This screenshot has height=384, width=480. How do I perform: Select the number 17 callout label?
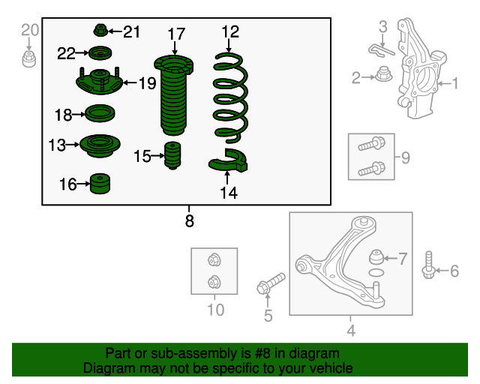[176, 34]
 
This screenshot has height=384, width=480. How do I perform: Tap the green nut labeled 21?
[100, 30]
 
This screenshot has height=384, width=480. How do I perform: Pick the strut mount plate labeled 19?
[100, 81]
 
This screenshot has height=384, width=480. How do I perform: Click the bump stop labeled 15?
[172, 155]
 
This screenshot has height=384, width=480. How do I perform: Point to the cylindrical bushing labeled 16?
[100, 184]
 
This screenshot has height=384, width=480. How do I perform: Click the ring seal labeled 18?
[100, 113]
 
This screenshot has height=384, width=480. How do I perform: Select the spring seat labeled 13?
[100, 145]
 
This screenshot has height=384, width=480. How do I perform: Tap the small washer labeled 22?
[100, 53]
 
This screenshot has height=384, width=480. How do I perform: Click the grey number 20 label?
[30, 30]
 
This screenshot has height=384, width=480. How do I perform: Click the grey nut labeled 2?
[384, 73]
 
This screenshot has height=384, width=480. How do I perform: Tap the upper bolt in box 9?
[372, 144]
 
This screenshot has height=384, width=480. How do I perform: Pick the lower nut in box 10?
[214, 282]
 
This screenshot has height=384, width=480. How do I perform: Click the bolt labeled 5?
[271, 283]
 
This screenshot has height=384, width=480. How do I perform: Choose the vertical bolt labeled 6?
[428, 265]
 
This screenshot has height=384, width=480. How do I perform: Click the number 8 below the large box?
[190, 220]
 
